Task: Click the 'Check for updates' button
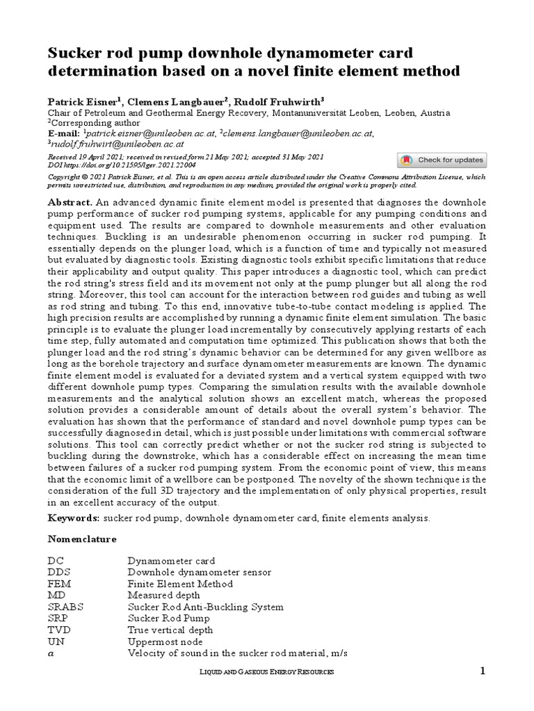pyautogui.click(x=442, y=160)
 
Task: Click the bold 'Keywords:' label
pyautogui.click(x=73, y=518)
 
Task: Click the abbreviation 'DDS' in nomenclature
pyautogui.click(x=58, y=572)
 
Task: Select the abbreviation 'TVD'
pyautogui.click(x=58, y=630)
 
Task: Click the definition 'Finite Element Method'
pyautogui.click(x=175, y=583)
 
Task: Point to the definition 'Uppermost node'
pyautogui.click(x=163, y=642)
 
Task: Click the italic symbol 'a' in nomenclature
pyautogui.click(x=50, y=653)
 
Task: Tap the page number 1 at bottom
pyautogui.click(x=482, y=671)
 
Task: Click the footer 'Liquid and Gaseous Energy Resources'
pyautogui.click(x=267, y=672)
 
